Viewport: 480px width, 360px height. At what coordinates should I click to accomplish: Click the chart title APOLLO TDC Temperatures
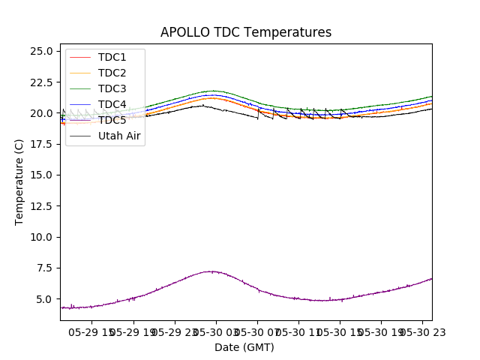click(x=245, y=32)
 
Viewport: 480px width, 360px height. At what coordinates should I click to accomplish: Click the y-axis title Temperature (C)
click(x=19, y=181)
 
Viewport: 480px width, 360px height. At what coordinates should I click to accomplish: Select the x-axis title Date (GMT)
click(x=244, y=347)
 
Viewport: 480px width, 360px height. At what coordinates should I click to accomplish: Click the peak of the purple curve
click(x=212, y=271)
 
